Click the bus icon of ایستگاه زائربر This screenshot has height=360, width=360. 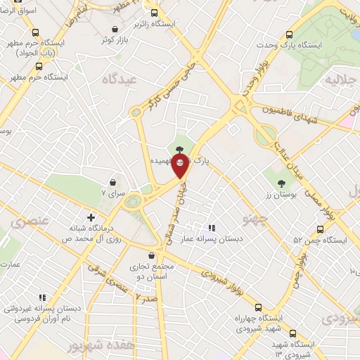click(x=155, y=13)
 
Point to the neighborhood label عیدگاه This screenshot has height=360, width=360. click(x=118, y=79)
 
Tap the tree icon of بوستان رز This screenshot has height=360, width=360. click(x=271, y=184)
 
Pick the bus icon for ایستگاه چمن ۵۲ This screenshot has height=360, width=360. click(x=321, y=229)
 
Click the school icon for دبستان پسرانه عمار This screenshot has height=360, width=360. click(x=211, y=228)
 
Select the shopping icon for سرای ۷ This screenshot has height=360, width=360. click(x=112, y=183)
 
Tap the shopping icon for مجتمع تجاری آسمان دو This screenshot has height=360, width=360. click(x=152, y=256)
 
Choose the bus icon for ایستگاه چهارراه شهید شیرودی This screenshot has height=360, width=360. click(x=258, y=307)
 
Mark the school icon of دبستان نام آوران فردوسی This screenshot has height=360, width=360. click(x=42, y=297)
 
